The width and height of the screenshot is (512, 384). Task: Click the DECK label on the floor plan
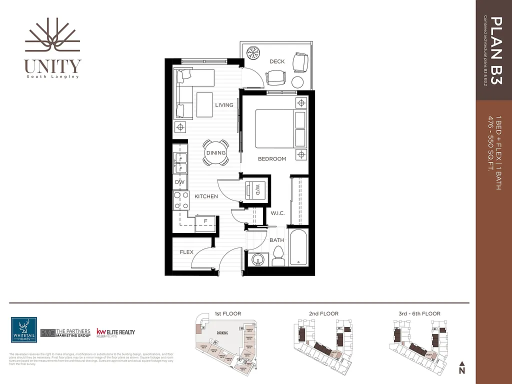276,61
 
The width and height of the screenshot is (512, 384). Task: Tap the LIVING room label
224,105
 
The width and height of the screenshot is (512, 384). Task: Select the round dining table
216,153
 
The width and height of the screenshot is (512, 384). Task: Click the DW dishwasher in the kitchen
180,182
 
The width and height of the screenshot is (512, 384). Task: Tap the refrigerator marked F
205,220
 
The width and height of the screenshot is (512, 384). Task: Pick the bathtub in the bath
298,247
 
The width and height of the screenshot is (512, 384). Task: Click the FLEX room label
186,252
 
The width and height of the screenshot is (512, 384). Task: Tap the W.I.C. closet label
277,213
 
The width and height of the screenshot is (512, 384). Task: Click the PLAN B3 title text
495,50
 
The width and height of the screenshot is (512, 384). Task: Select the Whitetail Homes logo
23,330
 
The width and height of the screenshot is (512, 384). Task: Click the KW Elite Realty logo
115,332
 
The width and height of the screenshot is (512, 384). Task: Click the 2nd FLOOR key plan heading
323,313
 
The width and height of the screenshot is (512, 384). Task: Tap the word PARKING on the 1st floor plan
223,332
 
